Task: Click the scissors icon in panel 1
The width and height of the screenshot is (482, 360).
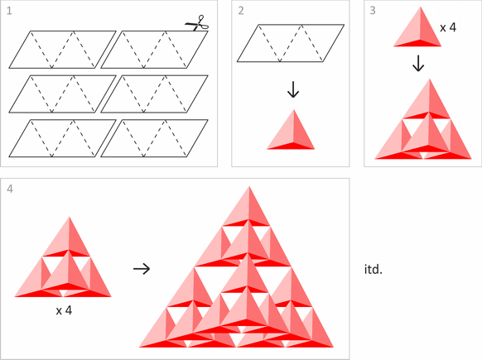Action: point(197,23)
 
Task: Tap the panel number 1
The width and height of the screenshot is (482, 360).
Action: point(9,11)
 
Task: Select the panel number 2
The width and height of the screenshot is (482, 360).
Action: point(241,11)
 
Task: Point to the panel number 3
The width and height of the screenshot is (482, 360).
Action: point(373,11)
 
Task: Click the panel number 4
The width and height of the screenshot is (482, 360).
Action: point(10,189)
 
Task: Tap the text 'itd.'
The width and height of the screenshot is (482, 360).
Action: point(374,270)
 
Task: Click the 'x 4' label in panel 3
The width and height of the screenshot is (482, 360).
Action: point(448,27)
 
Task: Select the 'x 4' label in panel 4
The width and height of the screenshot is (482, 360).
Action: point(64,310)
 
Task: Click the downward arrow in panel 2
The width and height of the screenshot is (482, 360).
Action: point(293,89)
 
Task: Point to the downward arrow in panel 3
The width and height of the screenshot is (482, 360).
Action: point(418,63)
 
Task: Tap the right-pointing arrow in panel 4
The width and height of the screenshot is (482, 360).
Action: point(142,269)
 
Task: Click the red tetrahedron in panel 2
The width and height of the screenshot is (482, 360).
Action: point(291,130)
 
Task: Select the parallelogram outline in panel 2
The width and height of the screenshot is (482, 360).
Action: point(291,43)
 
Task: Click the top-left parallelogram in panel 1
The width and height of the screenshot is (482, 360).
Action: point(62,50)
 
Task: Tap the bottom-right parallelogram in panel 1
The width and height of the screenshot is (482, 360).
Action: point(154,138)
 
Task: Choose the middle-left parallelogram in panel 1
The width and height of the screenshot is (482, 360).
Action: point(62,94)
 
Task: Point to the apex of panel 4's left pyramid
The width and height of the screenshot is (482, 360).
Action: point(70,217)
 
